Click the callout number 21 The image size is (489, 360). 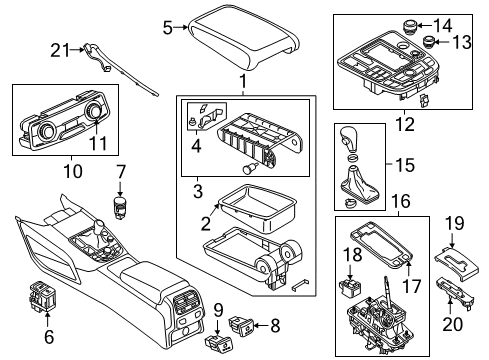[60, 50]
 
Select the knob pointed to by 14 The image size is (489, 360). [408, 26]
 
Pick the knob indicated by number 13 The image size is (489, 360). [428, 43]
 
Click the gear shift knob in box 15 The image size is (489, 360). [348, 139]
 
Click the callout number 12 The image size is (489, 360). [405, 124]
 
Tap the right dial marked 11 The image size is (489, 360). [93, 110]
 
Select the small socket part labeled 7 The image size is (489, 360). [120, 207]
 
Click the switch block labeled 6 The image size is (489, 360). [43, 295]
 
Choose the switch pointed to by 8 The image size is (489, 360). [241, 325]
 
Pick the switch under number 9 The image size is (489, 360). [218, 342]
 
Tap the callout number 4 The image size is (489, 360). [196, 145]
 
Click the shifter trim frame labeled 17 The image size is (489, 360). [381, 244]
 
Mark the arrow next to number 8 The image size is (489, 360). [261, 325]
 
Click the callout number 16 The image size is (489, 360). [401, 201]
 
